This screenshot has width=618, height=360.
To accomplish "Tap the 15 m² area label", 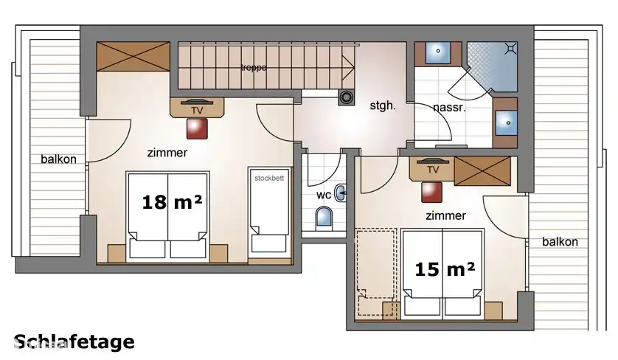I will pyautogui.click(x=445, y=270).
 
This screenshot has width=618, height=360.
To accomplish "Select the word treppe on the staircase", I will pyautogui.click(x=253, y=68).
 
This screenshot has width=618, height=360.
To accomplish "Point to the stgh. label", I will pyautogui.click(x=383, y=105).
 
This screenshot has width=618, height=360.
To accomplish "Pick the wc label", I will pyautogui.click(x=323, y=195).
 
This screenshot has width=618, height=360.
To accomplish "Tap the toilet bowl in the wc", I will pyautogui.click(x=324, y=217).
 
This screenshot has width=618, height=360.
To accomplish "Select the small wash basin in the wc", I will pyautogui.click(x=341, y=193).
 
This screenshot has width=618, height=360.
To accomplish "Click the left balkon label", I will pyautogui.click(x=58, y=159).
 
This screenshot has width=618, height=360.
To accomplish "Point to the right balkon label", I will pyautogui.click(x=560, y=241).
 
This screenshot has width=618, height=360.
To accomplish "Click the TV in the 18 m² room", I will pyautogui.click(x=197, y=107).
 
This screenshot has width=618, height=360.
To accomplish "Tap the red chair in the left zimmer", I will pyautogui.click(x=197, y=128).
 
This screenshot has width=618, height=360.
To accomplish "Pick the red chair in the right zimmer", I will pyautogui.click(x=432, y=191).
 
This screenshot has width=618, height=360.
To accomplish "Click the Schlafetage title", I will pyautogui.click(x=74, y=342).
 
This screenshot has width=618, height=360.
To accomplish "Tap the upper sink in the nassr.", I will pyautogui.click(x=439, y=53).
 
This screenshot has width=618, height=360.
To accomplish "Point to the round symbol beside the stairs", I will pyautogui.click(x=345, y=95).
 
